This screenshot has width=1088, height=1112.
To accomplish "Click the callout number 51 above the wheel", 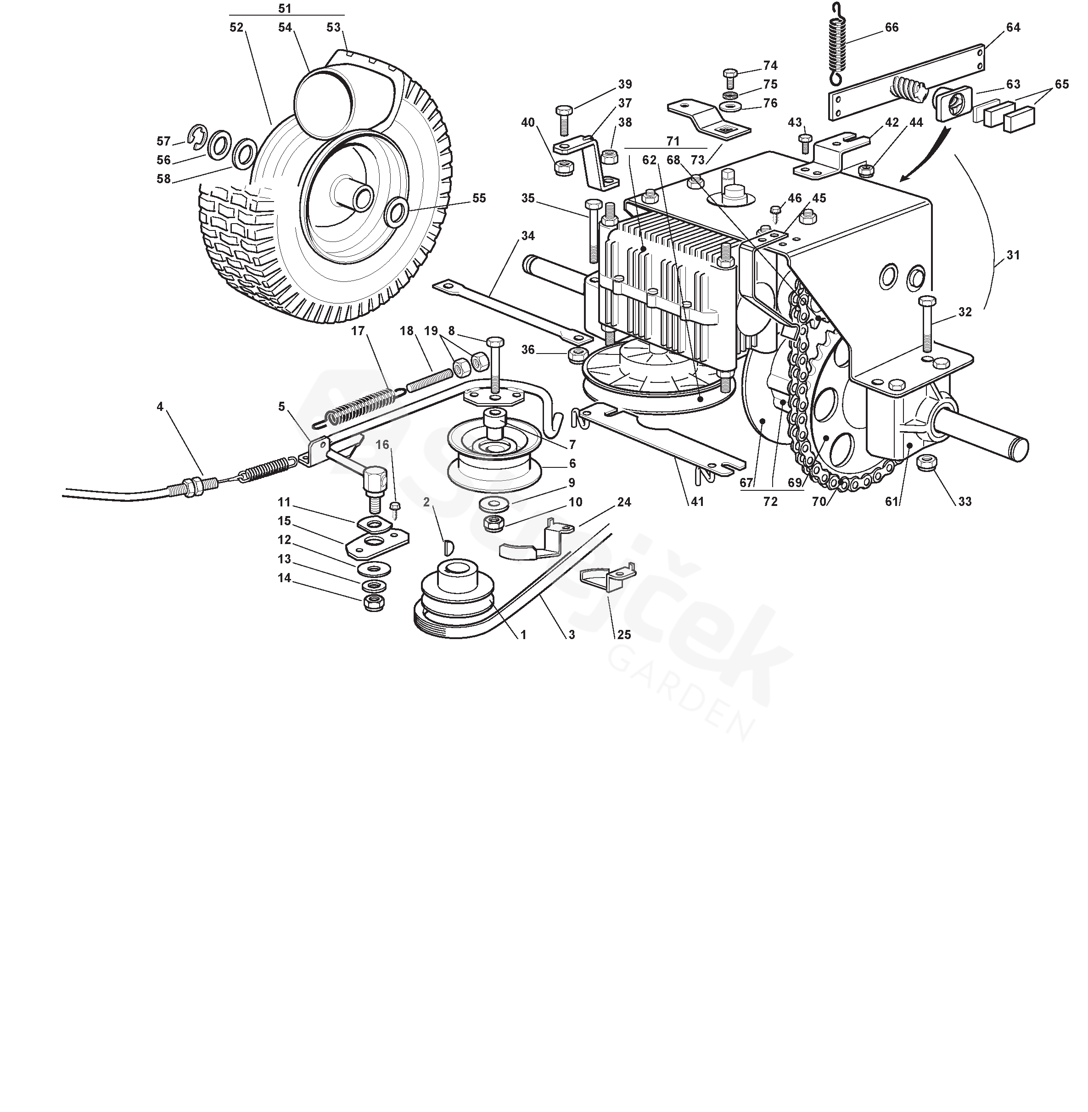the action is click(x=285, y=9).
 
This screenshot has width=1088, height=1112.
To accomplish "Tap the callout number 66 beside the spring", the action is click(x=892, y=28).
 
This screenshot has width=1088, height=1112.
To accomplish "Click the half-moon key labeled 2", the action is click(x=449, y=547).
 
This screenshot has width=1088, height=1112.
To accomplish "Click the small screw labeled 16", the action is click(x=394, y=510).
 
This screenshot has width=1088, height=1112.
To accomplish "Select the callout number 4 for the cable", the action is click(x=160, y=407).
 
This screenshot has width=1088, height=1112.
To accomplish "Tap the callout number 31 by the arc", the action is click(x=1013, y=255).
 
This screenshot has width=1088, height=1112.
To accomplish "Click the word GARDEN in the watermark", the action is click(x=680, y=691).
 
